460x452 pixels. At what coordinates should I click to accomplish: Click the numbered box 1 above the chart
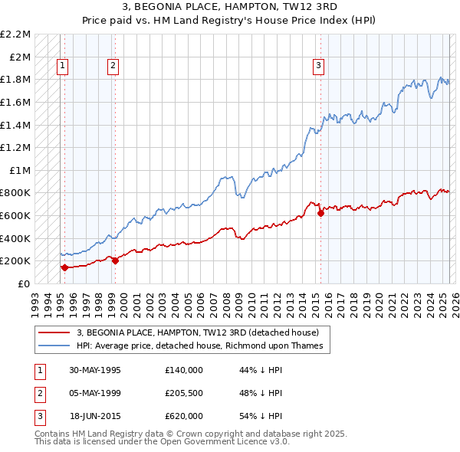pyautogui.click(x=61, y=67)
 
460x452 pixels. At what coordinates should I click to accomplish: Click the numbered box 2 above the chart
pyautogui.click(x=113, y=67)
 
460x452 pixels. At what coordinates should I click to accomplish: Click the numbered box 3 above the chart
pyautogui.click(x=317, y=67)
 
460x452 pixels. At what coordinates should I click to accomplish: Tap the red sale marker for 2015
pyautogui.click(x=320, y=214)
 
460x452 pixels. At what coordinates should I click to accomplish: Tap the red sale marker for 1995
pyautogui.click(x=64, y=267)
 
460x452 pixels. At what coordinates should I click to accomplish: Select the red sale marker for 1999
pyautogui.click(x=115, y=260)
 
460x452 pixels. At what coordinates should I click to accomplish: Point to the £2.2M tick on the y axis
pyautogui.click(x=15, y=34)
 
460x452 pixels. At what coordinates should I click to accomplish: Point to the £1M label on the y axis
pyautogui.click(x=20, y=170)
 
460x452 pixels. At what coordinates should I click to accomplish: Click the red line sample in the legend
pyautogui.click(x=54, y=332)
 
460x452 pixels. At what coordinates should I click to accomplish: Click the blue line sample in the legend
pyautogui.click(x=54, y=346)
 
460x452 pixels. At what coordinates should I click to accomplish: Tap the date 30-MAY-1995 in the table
pyautogui.click(x=95, y=370)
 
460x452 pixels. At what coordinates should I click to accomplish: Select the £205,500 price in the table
pyautogui.click(x=183, y=393)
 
